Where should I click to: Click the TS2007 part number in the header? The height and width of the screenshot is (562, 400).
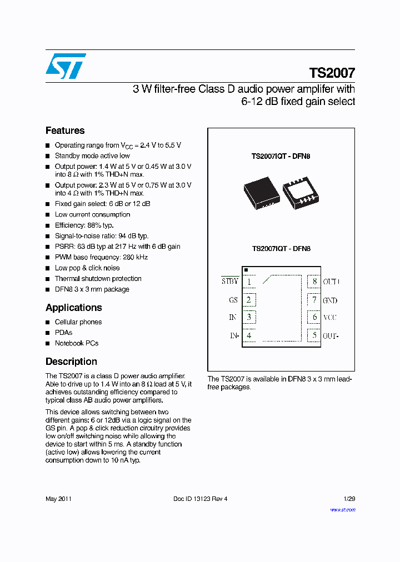[332, 73]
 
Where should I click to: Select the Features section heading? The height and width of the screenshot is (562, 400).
[65, 131]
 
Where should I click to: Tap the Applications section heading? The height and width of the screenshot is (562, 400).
[73, 308]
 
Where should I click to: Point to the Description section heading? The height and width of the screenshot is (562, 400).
[71, 362]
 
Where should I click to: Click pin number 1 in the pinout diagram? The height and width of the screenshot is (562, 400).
[249, 282]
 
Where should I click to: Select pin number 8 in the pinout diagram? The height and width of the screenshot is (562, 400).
[314, 282]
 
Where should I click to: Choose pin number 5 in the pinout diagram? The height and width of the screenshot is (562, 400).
[314, 335]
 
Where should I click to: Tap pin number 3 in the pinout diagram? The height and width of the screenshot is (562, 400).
[249, 317]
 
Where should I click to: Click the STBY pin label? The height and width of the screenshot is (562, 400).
[229, 281]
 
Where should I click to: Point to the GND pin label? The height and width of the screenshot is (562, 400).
[330, 300]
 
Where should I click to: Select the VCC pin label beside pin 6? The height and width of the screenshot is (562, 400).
[330, 318]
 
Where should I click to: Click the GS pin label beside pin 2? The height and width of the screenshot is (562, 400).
[233, 300]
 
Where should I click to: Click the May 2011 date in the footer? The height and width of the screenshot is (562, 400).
[58, 499]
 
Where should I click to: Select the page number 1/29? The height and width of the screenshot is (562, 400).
[349, 499]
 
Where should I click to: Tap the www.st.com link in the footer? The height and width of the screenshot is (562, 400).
[343, 510]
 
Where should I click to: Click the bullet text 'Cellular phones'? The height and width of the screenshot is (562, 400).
[78, 322]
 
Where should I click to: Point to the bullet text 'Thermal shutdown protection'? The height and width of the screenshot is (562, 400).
[98, 279]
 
